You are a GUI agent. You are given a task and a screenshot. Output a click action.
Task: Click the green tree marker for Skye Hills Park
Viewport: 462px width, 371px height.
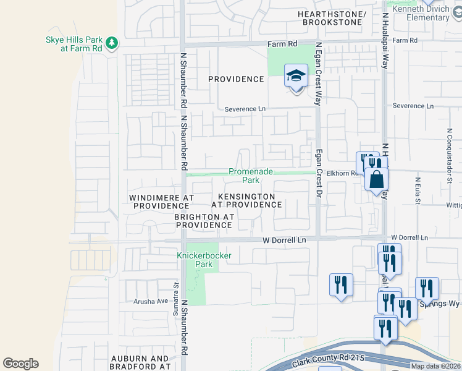(x=111, y=43)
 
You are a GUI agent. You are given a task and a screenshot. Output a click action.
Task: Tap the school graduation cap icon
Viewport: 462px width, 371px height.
(x=296, y=76)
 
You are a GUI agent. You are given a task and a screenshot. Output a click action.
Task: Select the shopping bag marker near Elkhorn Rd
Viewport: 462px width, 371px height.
(x=376, y=180)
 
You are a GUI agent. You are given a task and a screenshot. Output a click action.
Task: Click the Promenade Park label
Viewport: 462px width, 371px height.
(x=243, y=176)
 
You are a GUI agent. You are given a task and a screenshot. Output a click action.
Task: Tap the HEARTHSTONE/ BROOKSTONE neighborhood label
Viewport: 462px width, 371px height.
(x=331, y=18)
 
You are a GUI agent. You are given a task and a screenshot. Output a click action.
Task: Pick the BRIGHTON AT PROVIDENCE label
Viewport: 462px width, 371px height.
(x=204, y=221)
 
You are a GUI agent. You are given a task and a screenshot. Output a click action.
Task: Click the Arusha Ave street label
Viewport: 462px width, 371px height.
(x=151, y=301)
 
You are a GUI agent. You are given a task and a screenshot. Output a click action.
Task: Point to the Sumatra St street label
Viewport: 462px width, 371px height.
(x=175, y=295)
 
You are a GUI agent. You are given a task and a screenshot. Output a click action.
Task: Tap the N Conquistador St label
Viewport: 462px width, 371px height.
(x=448, y=151)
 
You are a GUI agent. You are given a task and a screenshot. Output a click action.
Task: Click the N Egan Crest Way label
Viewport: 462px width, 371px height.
(x=318, y=74)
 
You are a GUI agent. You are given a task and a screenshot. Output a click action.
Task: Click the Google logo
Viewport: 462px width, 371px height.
(x=20, y=364)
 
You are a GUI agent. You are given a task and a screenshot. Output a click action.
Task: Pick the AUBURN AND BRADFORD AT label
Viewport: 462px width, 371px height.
(x=140, y=362)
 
